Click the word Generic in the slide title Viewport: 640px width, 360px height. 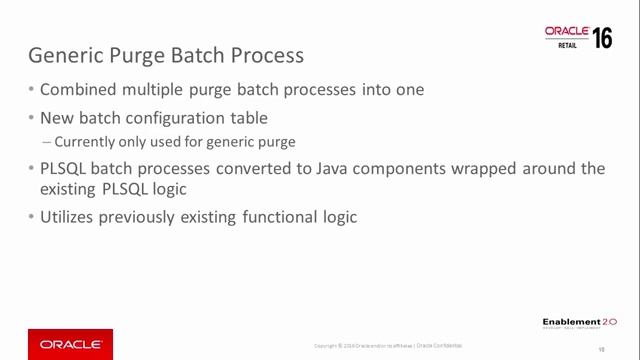click(65, 53)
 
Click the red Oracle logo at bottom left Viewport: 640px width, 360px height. click(70, 344)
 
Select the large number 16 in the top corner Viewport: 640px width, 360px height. click(602, 38)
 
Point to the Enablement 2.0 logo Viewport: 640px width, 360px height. click(579, 323)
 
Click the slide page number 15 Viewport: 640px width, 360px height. click(602, 349)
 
